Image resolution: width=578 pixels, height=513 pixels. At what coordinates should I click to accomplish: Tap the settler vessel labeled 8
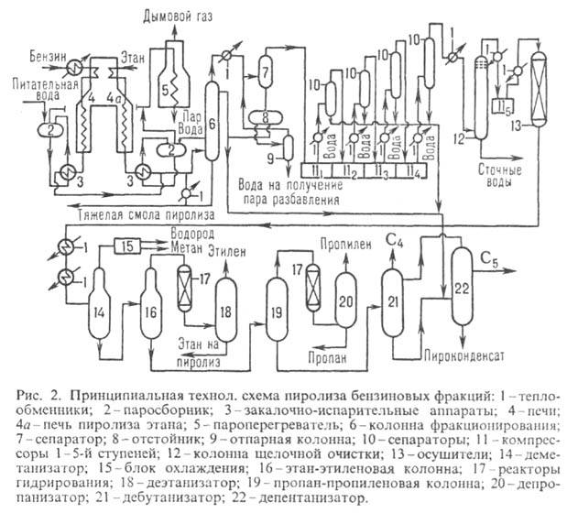tap(265, 116)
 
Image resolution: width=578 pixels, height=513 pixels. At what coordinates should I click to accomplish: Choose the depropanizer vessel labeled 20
tap(345, 301)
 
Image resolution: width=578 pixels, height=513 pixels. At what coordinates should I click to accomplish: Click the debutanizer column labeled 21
tap(393, 301)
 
